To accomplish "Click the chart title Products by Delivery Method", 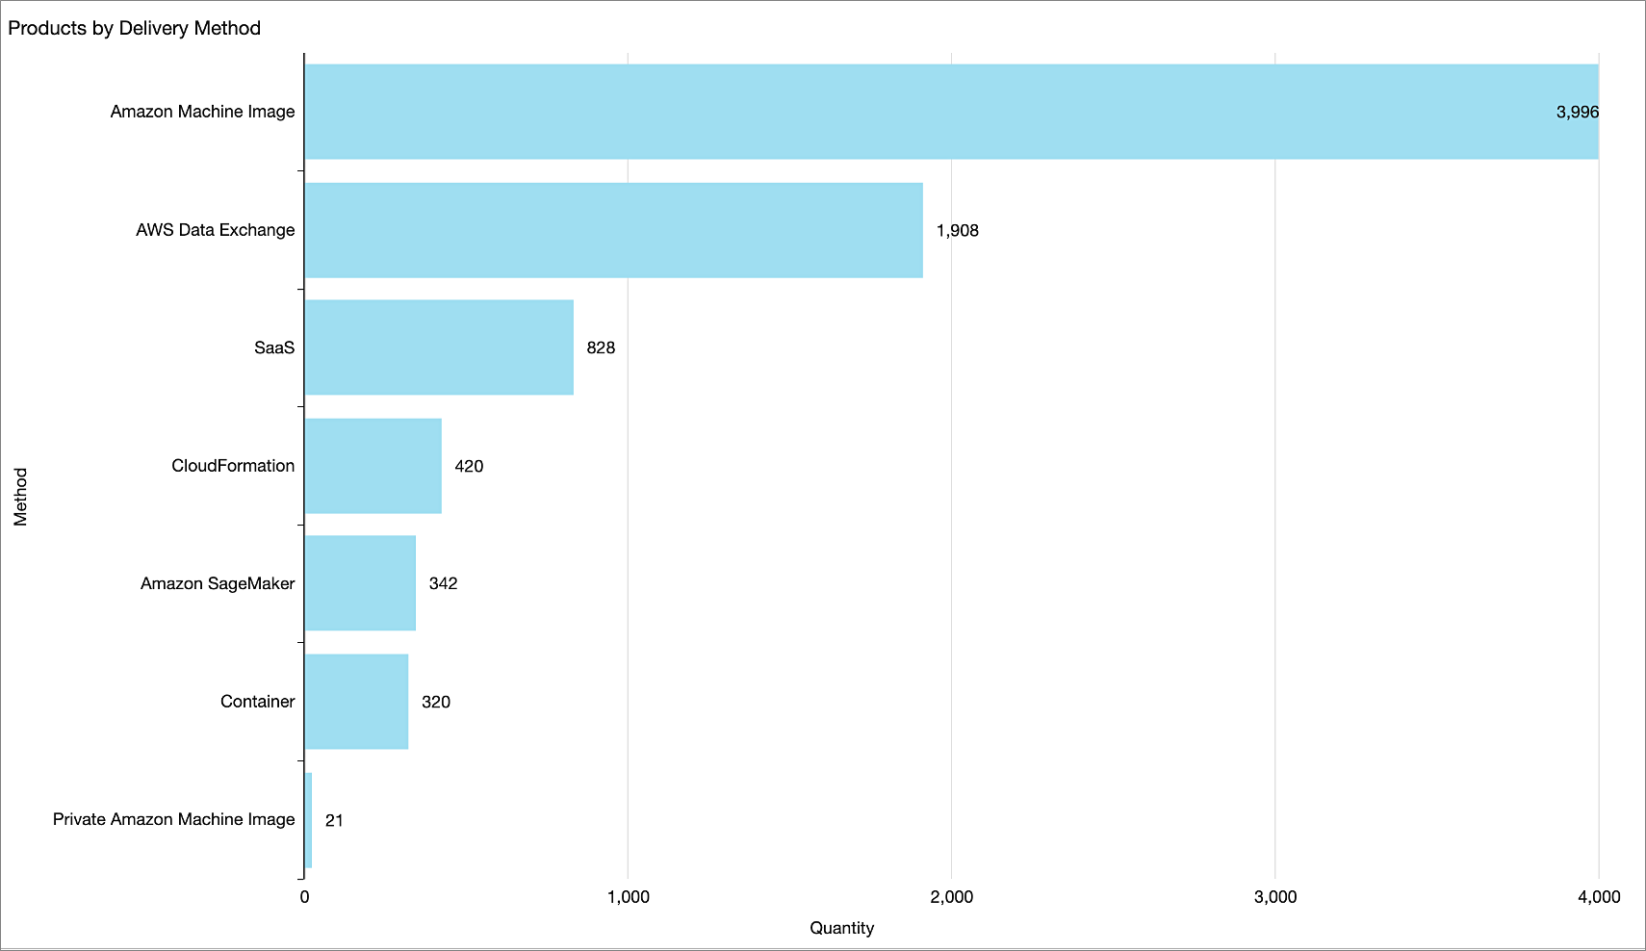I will coord(134,28).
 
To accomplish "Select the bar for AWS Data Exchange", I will coord(613,230).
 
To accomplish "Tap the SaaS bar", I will coord(439,347).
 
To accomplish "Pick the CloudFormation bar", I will coord(373,466).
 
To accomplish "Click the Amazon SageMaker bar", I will coord(360,583).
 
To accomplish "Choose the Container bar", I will coord(356,702).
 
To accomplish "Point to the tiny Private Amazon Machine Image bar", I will coord(308,820).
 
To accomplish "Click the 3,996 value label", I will coord(1577,112).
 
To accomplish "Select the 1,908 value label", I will coord(957,230).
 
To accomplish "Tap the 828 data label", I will coord(601,347).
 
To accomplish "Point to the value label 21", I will coord(334,820).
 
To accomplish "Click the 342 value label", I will coord(443,583).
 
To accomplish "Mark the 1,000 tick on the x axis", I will coord(628,897).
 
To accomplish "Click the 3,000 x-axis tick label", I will coord(1275,897).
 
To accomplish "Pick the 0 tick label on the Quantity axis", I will coord(304,897).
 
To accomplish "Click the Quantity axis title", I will coord(841,928).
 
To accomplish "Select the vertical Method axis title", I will coord(20,497).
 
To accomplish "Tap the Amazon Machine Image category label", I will coord(202,112).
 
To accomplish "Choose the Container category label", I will coord(257,702).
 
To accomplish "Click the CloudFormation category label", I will coord(233,466).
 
